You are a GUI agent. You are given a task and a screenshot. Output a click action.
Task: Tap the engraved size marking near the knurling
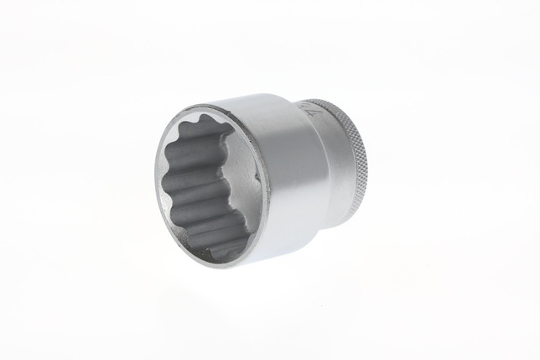point(304,110)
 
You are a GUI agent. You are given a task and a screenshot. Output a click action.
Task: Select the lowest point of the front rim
point(220,268)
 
